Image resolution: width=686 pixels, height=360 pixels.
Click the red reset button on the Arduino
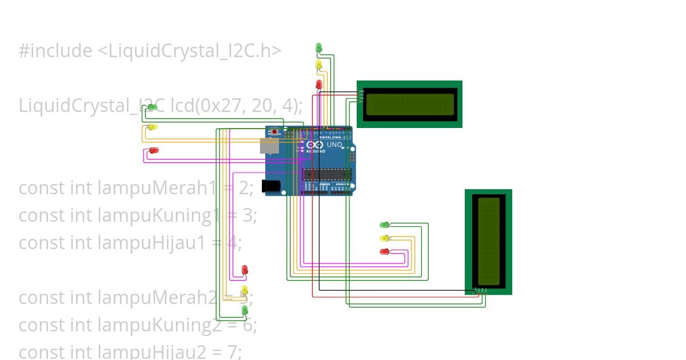[x=275, y=131]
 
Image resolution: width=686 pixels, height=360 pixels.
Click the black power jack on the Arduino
[x=270, y=186]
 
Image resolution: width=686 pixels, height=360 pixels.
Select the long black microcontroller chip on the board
[x=326, y=174]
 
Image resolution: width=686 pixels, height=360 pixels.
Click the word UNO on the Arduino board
[x=334, y=145]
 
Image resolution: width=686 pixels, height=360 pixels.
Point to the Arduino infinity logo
[x=315, y=145]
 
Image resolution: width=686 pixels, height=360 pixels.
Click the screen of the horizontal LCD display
[x=409, y=104]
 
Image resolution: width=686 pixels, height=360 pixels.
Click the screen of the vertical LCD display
[x=488, y=241]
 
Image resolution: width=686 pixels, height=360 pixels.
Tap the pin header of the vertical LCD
[x=481, y=290]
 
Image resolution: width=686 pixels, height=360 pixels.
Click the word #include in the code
[x=55, y=51]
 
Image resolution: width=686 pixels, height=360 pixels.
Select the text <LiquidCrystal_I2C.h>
[x=189, y=51]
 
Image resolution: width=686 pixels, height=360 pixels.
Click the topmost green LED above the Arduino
[x=318, y=47]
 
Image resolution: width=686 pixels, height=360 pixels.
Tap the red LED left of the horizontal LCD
[x=318, y=85]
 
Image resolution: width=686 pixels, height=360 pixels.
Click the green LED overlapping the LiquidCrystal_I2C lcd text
[x=152, y=107]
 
